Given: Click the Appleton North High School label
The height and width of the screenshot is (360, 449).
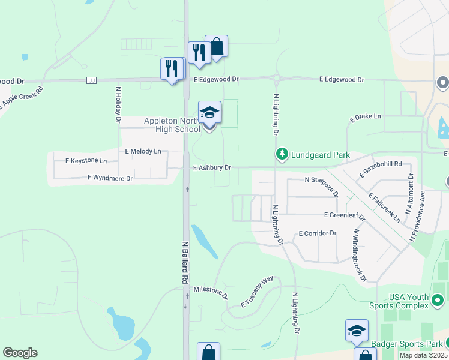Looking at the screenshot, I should (x=172, y=125).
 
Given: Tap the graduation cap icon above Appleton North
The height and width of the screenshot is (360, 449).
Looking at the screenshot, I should (x=209, y=112).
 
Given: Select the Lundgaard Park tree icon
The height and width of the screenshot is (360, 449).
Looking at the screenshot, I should (x=282, y=154).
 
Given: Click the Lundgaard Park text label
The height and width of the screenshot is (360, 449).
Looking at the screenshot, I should (x=321, y=155).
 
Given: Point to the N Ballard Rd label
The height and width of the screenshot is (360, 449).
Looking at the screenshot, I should (x=185, y=262).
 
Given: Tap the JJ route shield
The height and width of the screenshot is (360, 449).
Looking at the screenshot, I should (x=92, y=80).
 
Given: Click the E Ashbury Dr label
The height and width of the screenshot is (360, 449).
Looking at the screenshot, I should (x=212, y=168).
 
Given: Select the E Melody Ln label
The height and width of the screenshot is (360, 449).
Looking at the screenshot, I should (x=143, y=152).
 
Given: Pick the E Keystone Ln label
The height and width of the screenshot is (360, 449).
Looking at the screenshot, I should (x=86, y=161).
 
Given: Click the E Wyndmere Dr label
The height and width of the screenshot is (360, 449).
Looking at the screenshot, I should (x=110, y=178).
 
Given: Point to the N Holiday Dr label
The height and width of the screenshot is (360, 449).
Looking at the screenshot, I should (x=119, y=105).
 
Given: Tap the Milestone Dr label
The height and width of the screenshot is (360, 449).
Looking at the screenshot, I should (x=211, y=292).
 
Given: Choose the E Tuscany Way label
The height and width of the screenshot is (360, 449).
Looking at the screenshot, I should (x=257, y=292).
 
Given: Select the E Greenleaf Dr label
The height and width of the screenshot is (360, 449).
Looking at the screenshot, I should (x=344, y=215).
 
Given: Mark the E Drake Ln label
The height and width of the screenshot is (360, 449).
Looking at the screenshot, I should (x=365, y=116).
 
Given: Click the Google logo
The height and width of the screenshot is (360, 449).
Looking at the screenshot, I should (x=20, y=353).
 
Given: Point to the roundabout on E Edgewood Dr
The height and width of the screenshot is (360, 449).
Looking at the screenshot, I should (x=277, y=78).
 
